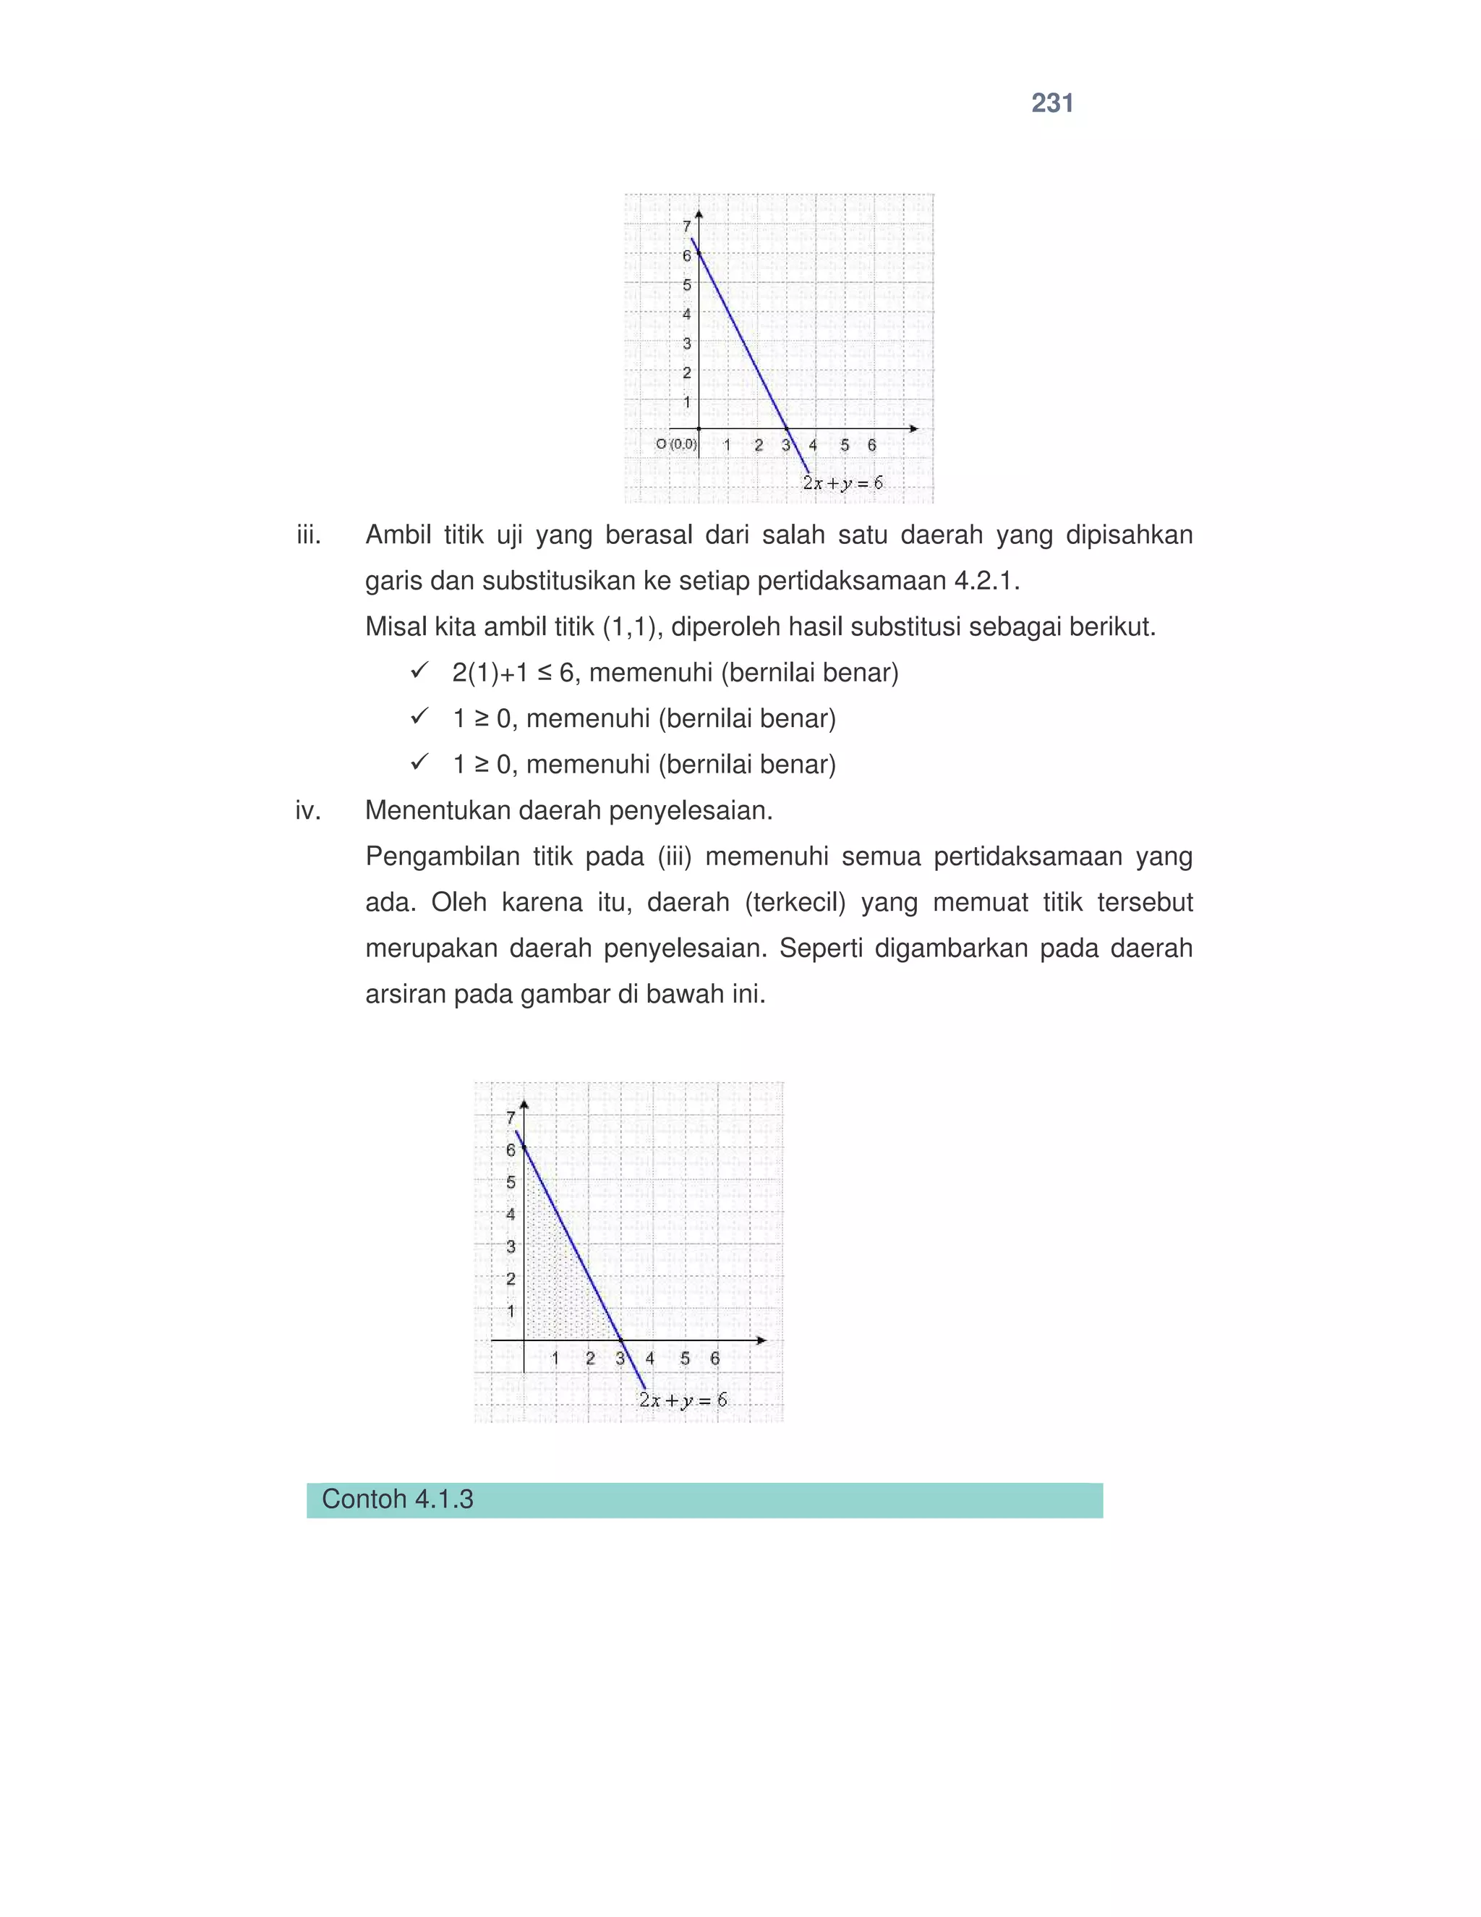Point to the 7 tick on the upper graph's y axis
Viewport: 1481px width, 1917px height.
coord(687,226)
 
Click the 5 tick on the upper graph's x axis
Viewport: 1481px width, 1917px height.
coord(844,445)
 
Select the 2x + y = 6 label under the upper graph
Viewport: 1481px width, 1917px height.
coord(842,483)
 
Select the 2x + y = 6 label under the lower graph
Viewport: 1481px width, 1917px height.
coord(683,1400)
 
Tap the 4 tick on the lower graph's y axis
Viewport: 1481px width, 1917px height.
coord(511,1214)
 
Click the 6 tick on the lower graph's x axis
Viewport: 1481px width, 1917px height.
coord(715,1358)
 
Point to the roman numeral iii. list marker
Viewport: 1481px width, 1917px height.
coord(309,535)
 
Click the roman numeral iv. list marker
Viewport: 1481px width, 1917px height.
coord(308,810)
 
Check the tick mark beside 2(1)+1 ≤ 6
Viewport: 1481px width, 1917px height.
coord(419,671)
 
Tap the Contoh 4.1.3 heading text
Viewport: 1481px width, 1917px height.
coord(398,1498)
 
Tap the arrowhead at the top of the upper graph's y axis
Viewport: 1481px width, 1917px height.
coord(699,213)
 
